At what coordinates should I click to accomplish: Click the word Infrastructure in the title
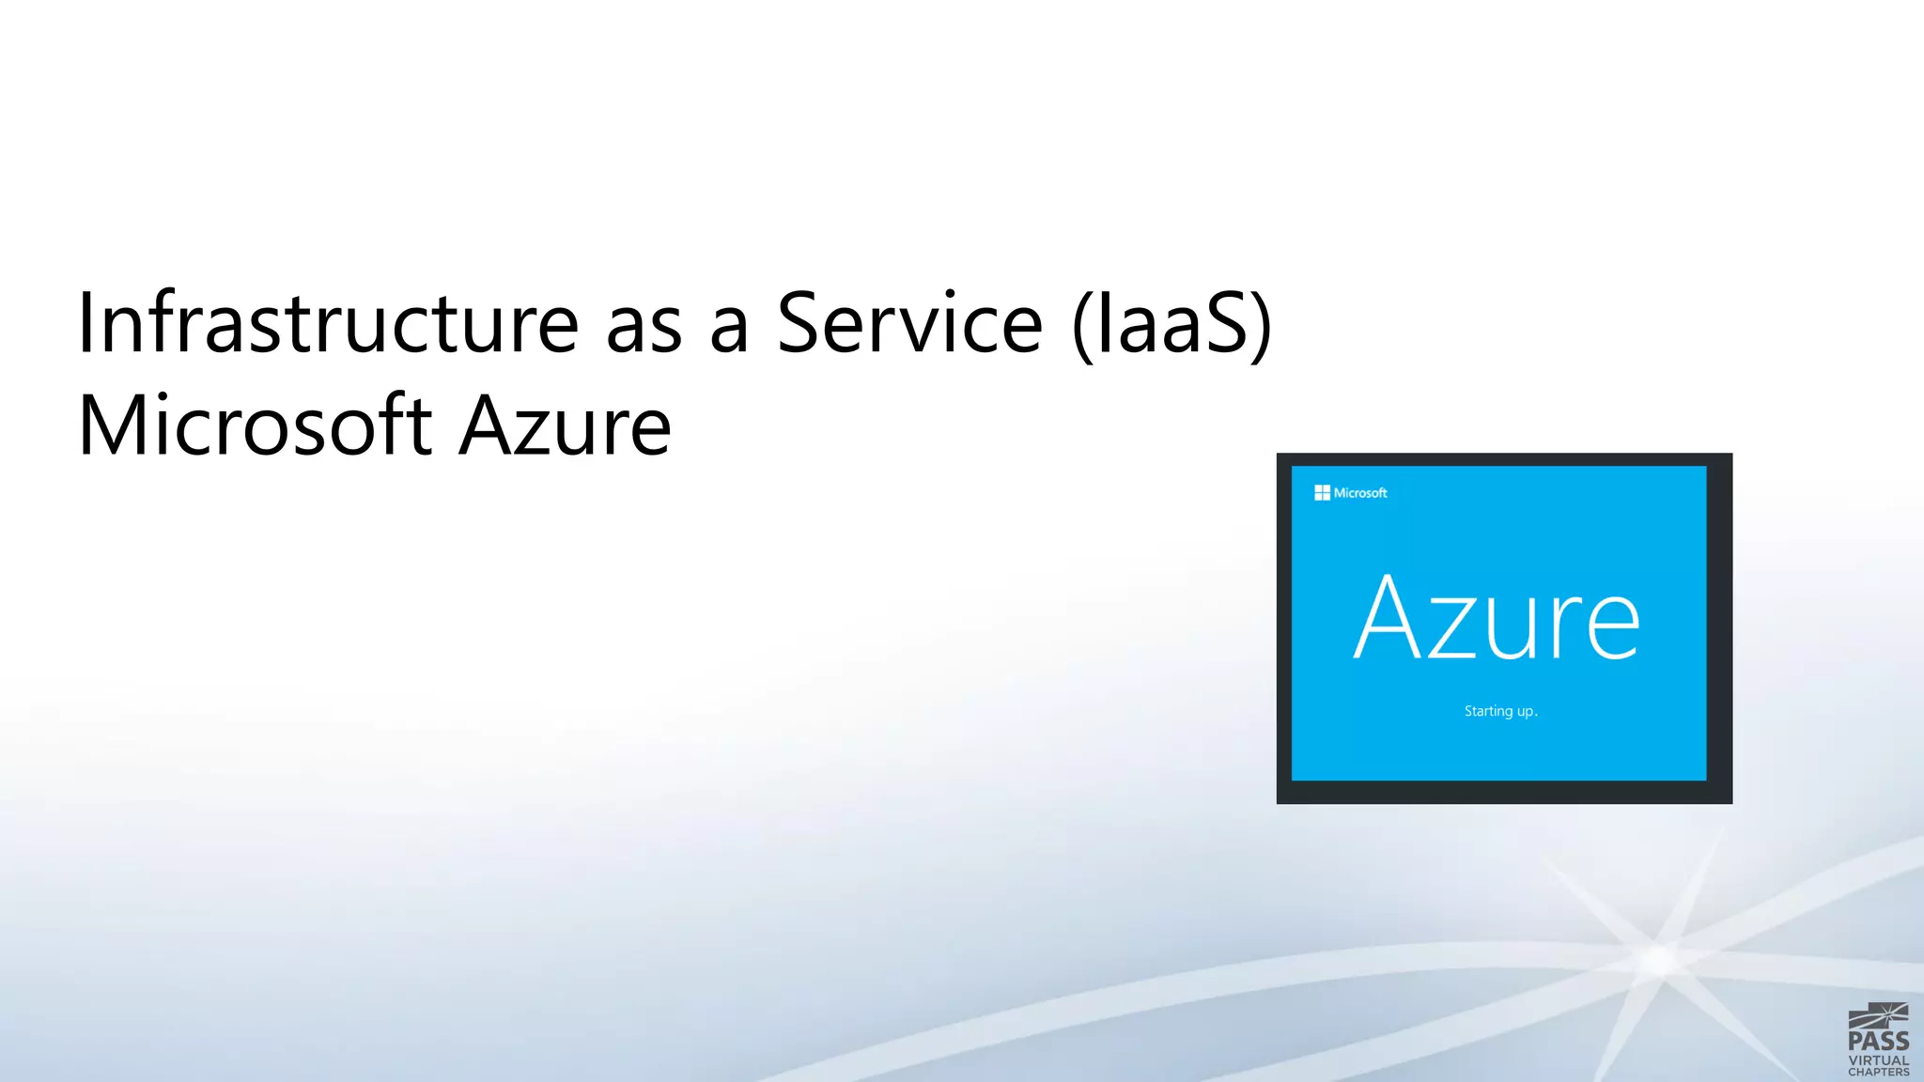pos(328,323)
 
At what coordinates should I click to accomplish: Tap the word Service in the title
pos(909,323)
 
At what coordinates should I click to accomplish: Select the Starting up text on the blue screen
pos(1500,711)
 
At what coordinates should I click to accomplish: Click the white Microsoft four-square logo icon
pos(1322,493)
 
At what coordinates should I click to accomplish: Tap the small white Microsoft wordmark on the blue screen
pos(1360,493)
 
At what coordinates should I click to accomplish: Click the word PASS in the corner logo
pos(1878,1041)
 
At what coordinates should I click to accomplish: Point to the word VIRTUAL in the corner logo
pos(1878,1060)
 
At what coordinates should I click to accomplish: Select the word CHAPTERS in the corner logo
pos(1878,1072)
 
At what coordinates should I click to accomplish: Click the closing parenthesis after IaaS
pos(1262,323)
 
